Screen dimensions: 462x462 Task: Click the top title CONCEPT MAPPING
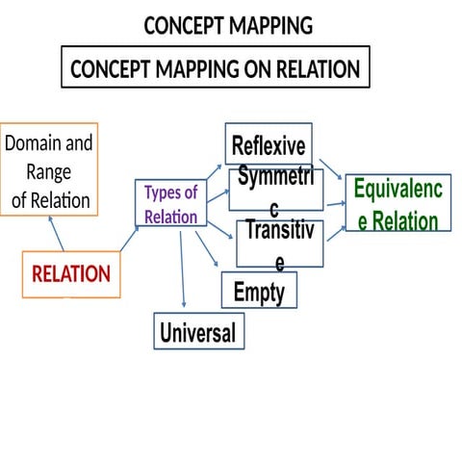228,26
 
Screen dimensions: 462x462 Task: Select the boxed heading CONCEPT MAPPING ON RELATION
216,69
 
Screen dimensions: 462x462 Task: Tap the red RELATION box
71,273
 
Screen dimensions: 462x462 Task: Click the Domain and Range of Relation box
49,172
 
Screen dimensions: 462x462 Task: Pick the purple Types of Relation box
171,204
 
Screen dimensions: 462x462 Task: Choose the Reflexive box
269,146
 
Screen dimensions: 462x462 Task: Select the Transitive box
280,244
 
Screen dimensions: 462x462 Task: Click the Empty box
259,290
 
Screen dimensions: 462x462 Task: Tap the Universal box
197,333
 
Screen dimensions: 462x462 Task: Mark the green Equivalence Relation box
398,204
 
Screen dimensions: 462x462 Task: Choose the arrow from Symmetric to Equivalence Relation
334,204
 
